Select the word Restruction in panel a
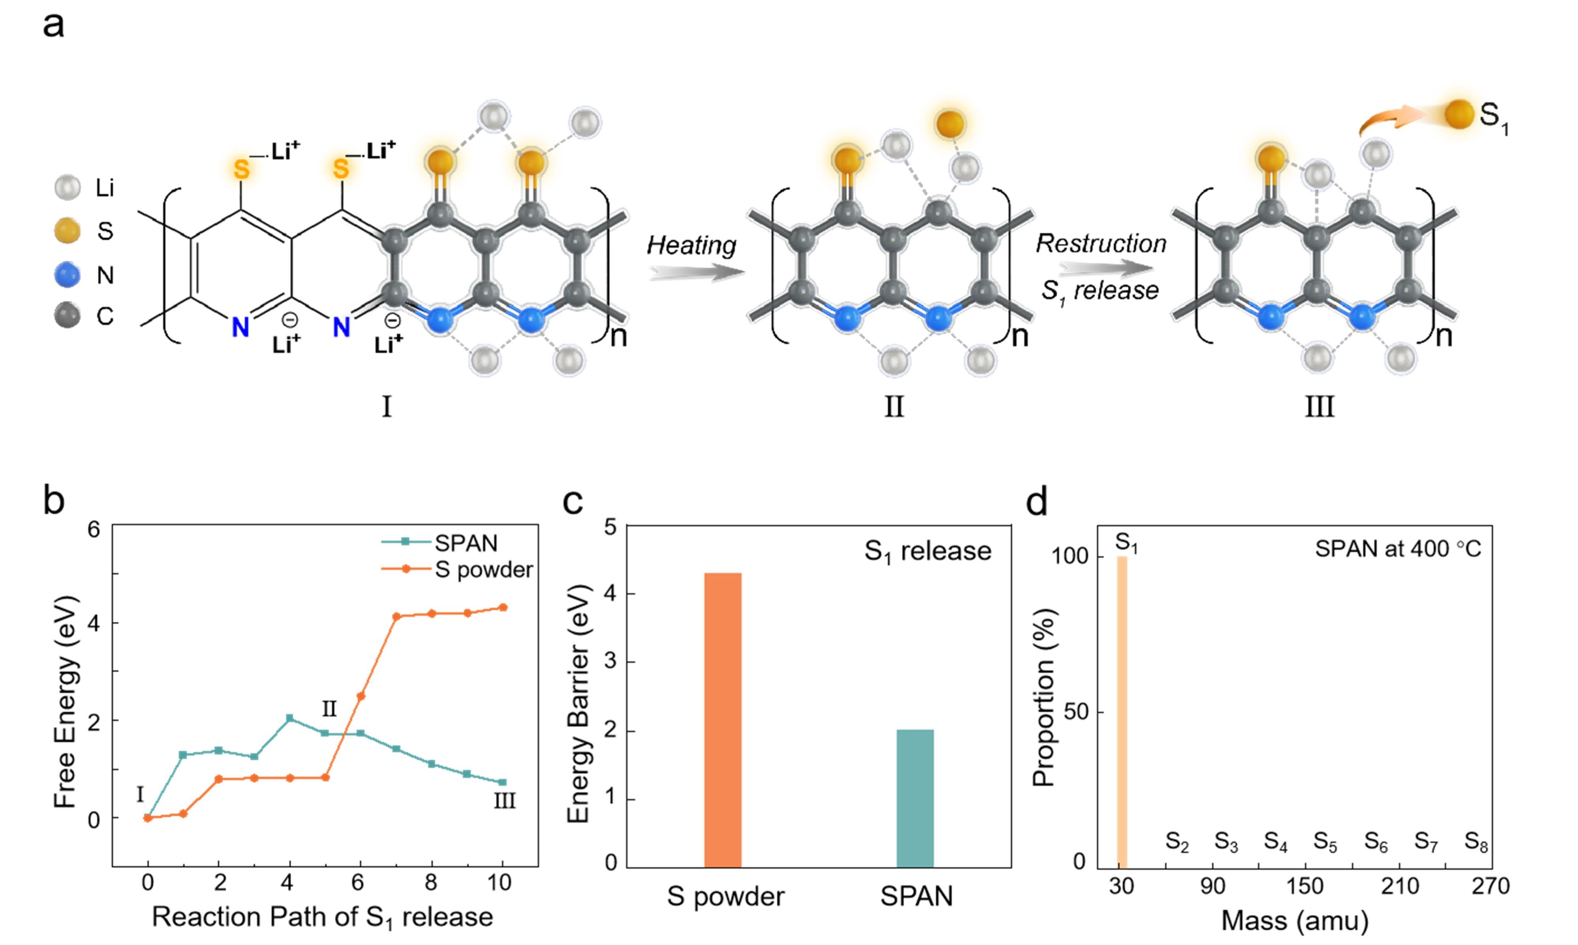click(x=1101, y=244)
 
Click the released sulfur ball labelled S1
click(x=1459, y=114)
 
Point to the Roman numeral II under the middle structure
click(x=894, y=406)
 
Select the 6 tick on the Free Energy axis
click(x=94, y=529)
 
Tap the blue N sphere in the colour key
click(x=67, y=275)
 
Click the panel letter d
click(x=1037, y=502)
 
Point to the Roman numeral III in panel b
click(x=504, y=801)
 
